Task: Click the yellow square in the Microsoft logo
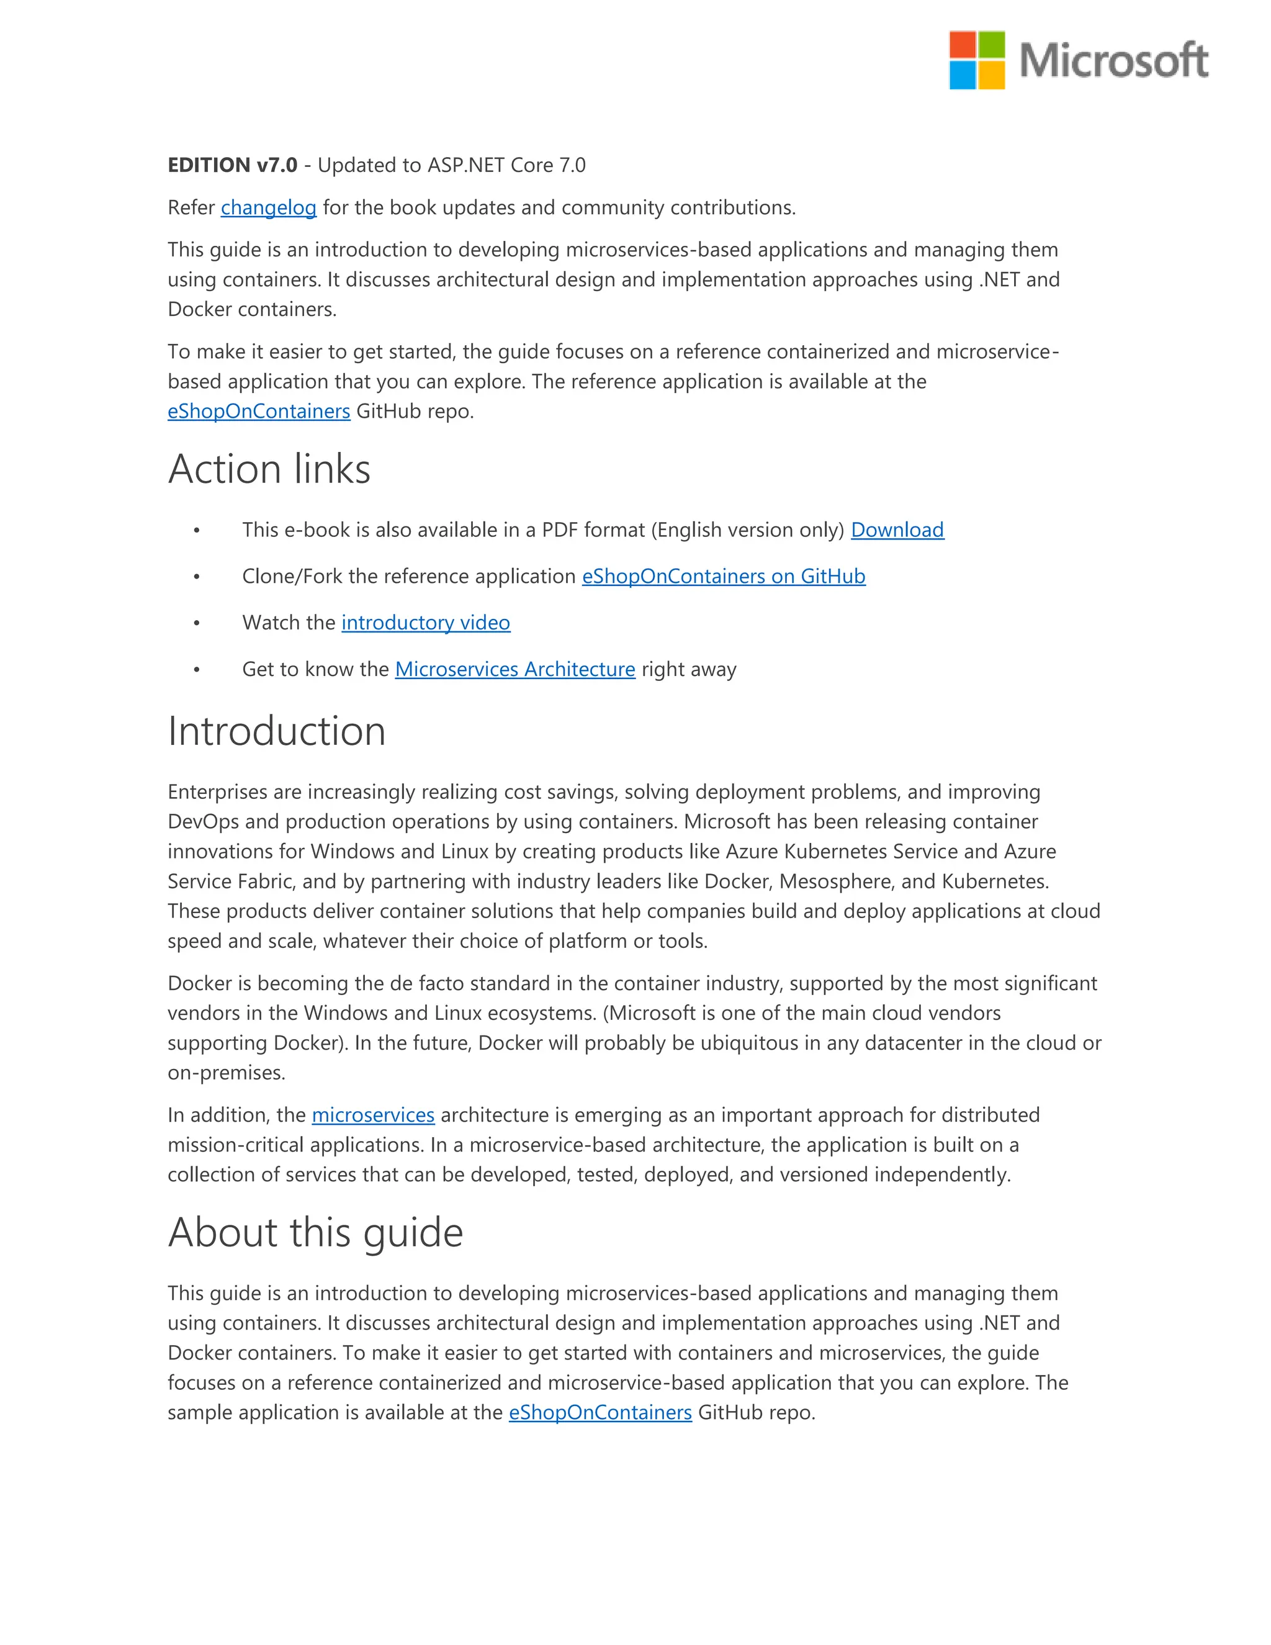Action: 992,74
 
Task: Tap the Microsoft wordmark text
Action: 1113,60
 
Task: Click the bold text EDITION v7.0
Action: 232,165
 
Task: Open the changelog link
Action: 268,207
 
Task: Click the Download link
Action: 897,530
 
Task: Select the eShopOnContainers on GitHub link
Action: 723,576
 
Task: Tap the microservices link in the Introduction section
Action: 373,1115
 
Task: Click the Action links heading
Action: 269,469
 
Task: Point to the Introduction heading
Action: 276,731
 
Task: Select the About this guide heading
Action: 315,1232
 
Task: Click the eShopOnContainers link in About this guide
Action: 600,1412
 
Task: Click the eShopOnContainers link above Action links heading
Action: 258,411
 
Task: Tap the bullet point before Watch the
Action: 197,623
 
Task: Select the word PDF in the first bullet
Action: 559,530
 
